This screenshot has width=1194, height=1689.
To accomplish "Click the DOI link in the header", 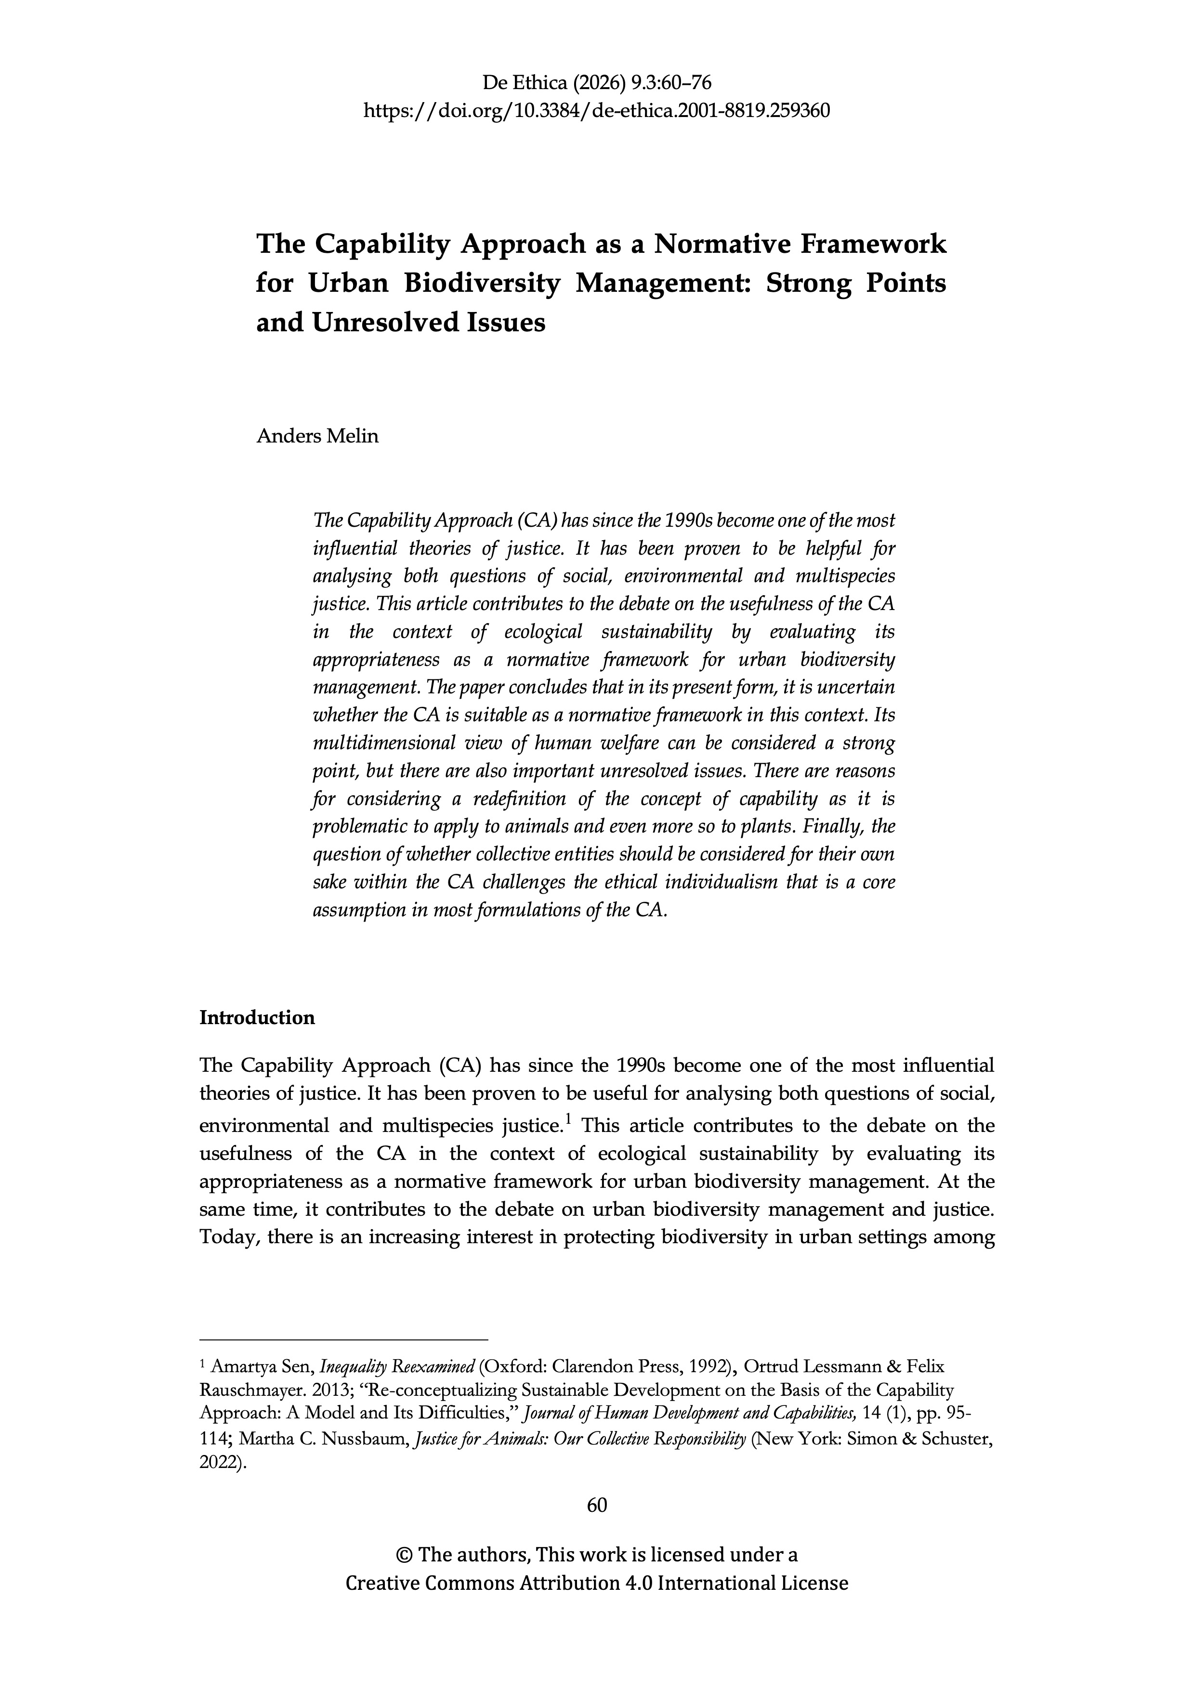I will [597, 111].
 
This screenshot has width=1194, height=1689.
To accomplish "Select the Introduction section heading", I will [257, 1018].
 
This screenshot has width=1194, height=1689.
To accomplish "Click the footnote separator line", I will [343, 1339].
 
